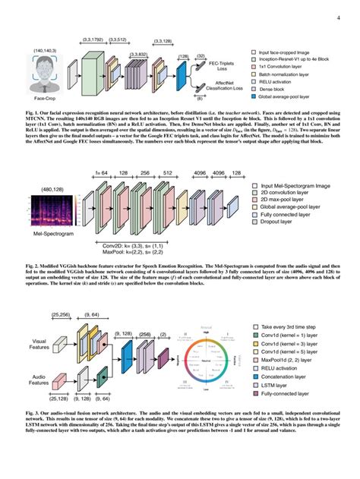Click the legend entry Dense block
(274, 89)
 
